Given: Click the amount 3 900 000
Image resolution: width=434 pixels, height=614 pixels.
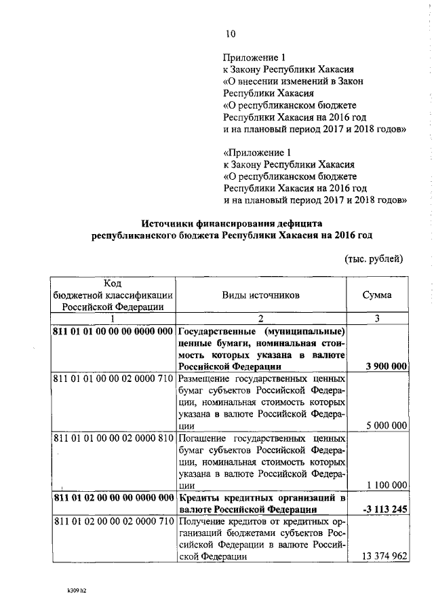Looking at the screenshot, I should point(386,366).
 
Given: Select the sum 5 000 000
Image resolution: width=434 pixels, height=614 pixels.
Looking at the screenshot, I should point(386,426).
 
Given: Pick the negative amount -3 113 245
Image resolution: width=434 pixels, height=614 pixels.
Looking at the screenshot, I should point(384,509).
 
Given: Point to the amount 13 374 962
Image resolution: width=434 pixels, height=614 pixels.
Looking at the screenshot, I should point(384,556).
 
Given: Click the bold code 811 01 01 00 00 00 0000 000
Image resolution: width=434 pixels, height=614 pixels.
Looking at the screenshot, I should point(113,331).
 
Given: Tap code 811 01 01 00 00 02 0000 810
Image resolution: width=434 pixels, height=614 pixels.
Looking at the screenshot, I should point(113,438).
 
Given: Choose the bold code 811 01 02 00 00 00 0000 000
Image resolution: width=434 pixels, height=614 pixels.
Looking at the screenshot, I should point(113,497).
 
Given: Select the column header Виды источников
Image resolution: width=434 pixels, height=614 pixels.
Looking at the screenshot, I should point(260,295).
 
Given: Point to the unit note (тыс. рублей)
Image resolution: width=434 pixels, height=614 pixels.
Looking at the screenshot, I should point(374,258).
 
